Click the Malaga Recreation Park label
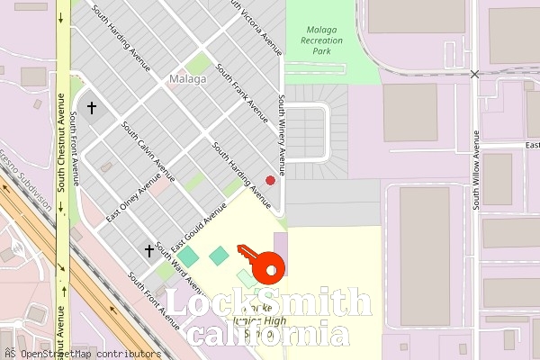pos(320,40)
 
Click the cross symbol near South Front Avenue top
pos(91,108)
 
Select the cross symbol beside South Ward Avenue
pos(149,250)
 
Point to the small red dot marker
pos(270,180)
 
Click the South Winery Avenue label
pos(281,135)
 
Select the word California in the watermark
pos(269,335)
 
